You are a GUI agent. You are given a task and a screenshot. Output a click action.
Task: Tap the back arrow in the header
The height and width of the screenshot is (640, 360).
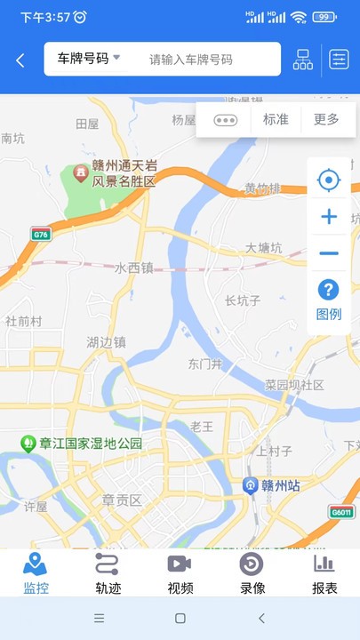pyautogui.click(x=20, y=60)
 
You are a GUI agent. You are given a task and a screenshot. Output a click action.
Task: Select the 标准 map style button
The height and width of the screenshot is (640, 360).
pyautogui.click(x=276, y=119)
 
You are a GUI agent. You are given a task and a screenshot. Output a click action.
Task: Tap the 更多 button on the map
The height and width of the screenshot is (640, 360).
pyautogui.click(x=326, y=119)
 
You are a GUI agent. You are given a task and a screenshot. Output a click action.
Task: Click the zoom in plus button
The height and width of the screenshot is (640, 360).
pyautogui.click(x=329, y=217)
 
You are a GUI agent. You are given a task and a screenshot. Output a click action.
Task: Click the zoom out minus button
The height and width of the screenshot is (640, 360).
pyautogui.click(x=329, y=254)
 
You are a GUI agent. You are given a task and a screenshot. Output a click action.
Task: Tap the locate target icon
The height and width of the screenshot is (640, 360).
pyautogui.click(x=329, y=181)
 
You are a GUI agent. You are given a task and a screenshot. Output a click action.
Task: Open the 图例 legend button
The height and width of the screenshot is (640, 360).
pyautogui.click(x=329, y=300)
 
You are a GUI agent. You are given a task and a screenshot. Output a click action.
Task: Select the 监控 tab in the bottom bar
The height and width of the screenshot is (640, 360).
pyautogui.click(x=36, y=573)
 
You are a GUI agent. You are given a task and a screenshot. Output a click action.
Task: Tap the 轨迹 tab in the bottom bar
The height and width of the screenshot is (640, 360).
pyautogui.click(x=108, y=573)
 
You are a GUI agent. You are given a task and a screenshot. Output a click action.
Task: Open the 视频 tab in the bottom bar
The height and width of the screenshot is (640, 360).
pyautogui.click(x=180, y=573)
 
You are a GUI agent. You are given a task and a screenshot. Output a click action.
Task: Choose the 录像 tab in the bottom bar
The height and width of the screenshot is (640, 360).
pyautogui.click(x=252, y=573)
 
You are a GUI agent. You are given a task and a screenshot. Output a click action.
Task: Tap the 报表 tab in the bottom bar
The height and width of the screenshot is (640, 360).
pyautogui.click(x=324, y=573)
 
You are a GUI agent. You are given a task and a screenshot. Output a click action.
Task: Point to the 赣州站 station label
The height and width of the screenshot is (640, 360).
pyautogui.click(x=276, y=485)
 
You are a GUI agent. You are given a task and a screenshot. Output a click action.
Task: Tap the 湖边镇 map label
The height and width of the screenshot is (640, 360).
pyautogui.click(x=106, y=342)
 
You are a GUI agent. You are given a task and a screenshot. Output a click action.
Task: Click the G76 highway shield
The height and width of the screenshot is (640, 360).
pyautogui.click(x=40, y=235)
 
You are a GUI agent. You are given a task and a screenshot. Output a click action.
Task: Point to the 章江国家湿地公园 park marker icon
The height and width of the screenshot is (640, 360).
pyautogui.click(x=29, y=443)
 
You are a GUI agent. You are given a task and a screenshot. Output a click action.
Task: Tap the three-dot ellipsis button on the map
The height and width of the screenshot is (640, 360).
pyautogui.click(x=226, y=120)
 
